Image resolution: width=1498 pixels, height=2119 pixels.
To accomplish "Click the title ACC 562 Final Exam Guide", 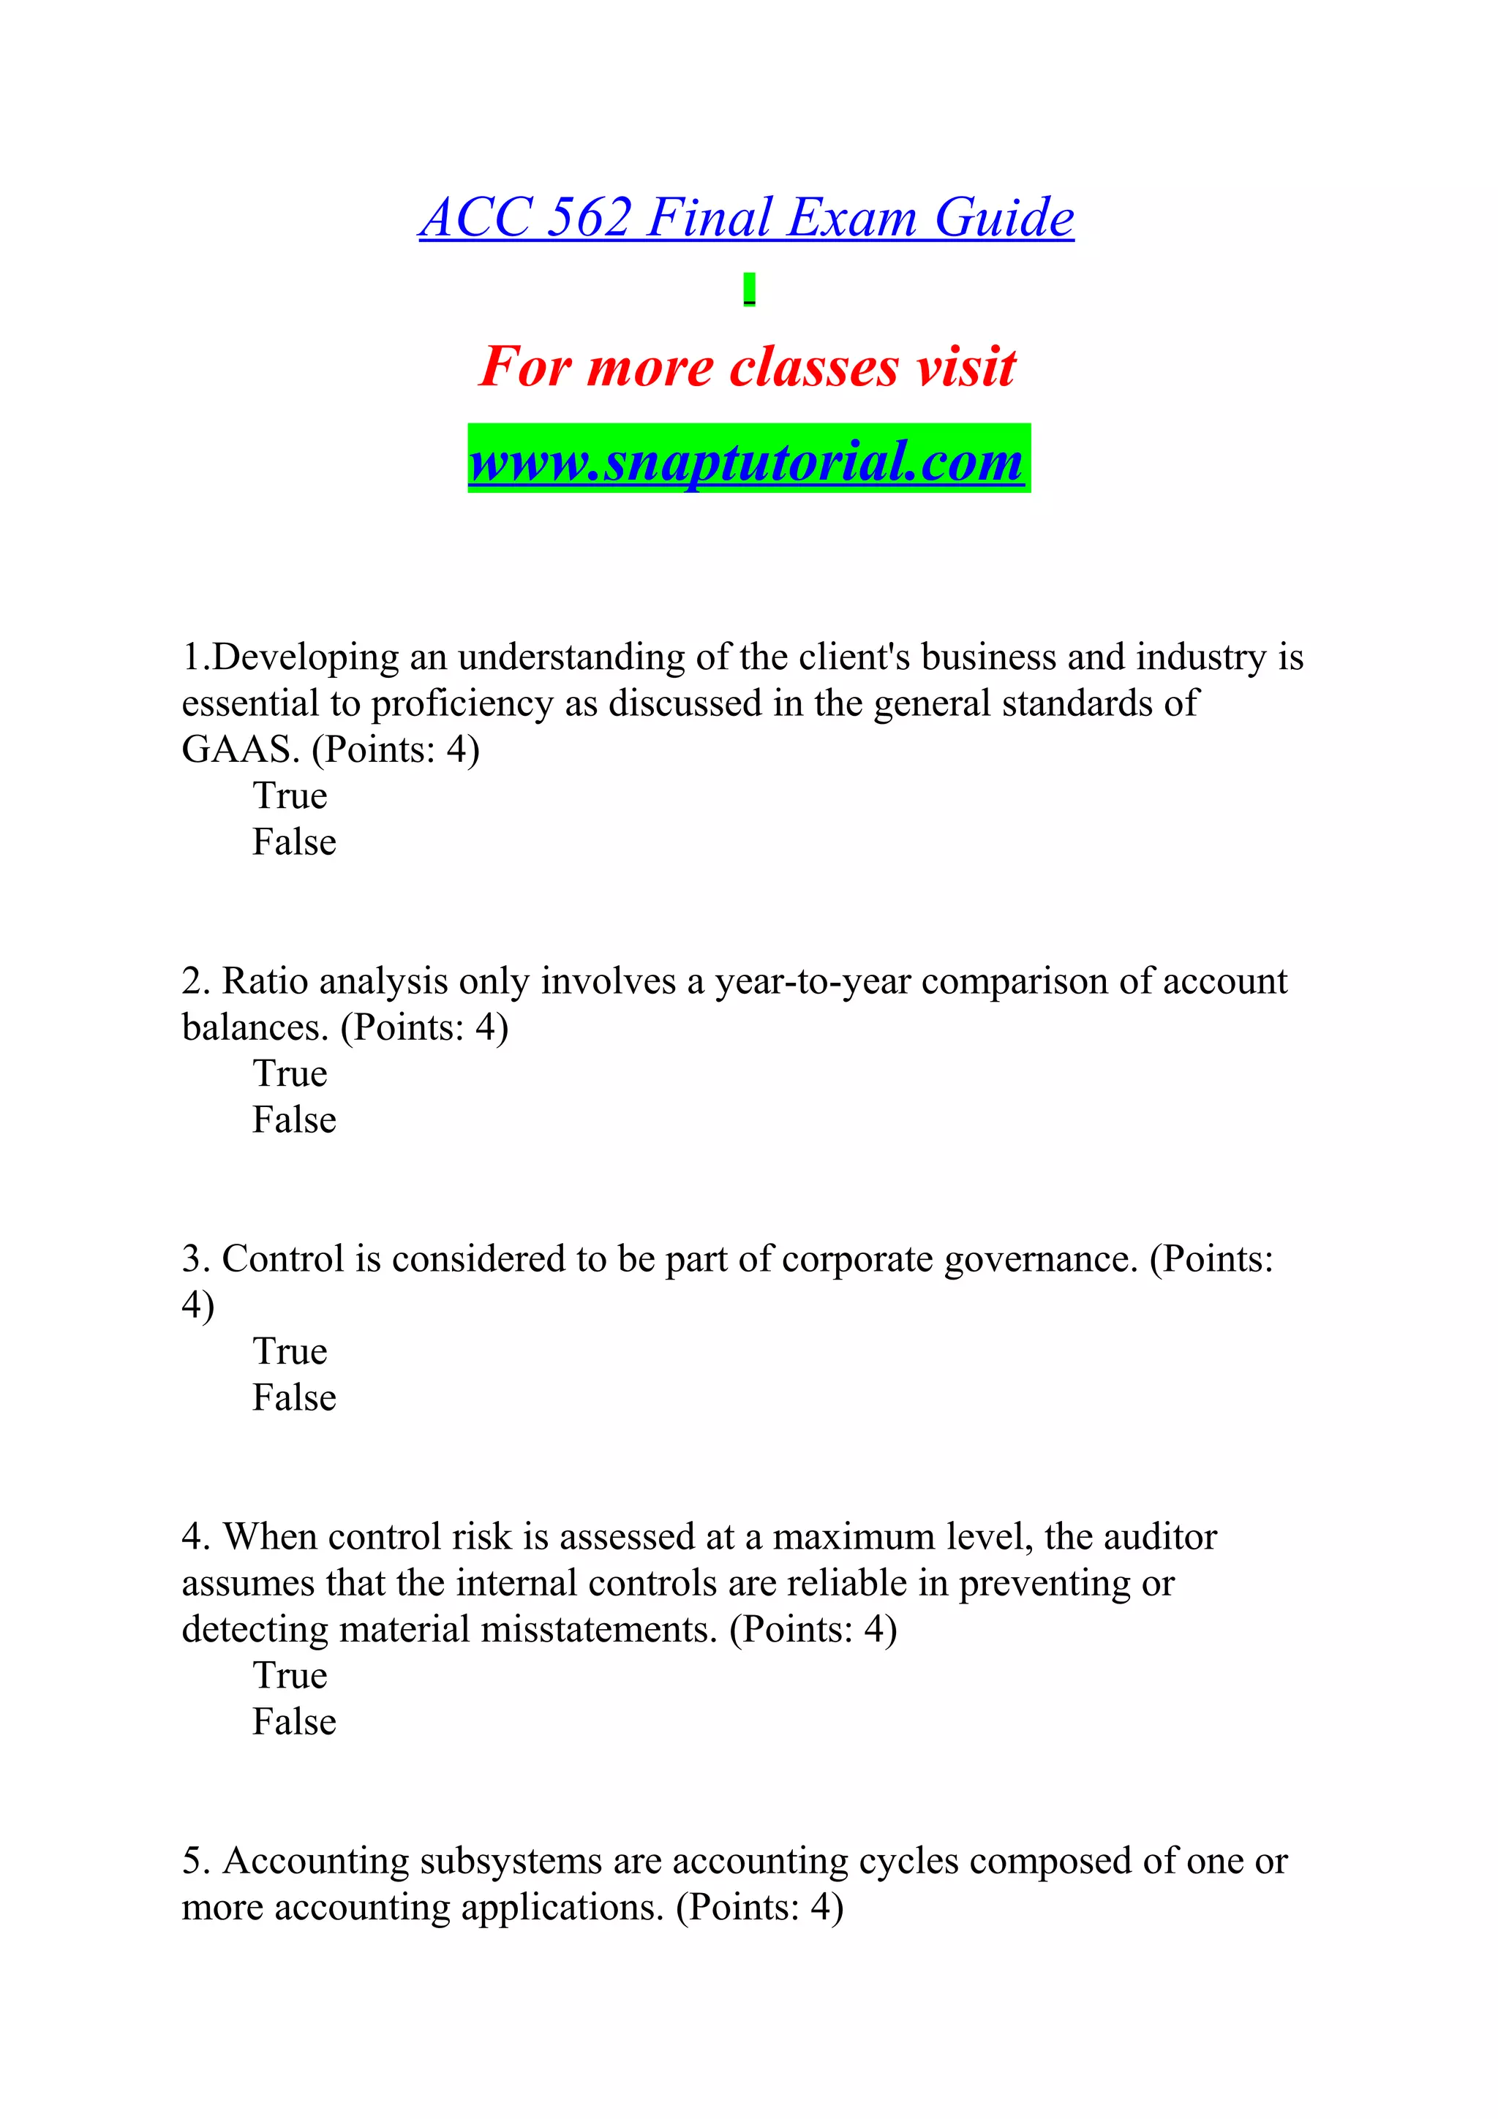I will [x=746, y=218].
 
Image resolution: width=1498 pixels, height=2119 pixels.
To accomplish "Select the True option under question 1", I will [x=290, y=796].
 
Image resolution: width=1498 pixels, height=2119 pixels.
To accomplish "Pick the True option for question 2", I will [x=290, y=1073].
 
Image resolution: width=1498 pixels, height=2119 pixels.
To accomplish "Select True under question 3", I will [x=290, y=1351].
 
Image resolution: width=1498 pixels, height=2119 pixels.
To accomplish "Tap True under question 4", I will [x=290, y=1675].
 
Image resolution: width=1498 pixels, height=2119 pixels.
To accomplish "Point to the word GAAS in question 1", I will [x=240, y=749].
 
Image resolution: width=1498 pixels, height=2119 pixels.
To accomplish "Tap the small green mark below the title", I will [x=750, y=289].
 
